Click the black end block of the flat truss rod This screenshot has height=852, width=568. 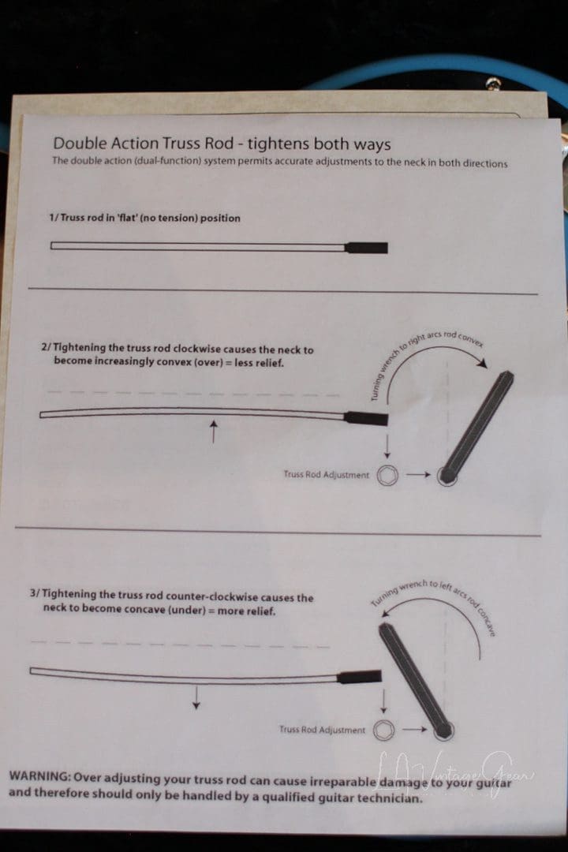click(x=366, y=248)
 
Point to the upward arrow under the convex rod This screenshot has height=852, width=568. click(x=214, y=431)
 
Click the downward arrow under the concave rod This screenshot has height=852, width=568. click(x=196, y=697)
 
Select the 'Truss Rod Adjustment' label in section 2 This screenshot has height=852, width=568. click(x=326, y=474)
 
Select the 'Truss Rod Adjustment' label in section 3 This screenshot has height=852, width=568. click(x=323, y=729)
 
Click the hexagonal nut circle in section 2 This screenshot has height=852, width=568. click(x=387, y=475)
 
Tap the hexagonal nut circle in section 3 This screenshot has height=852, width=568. click(x=383, y=730)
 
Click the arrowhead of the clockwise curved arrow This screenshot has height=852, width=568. click(x=482, y=362)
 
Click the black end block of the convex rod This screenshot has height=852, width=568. click(x=366, y=418)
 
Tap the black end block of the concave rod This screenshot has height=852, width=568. click(x=359, y=677)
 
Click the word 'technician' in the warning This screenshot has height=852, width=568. click(x=389, y=798)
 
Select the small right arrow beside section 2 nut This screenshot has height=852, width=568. click(x=418, y=475)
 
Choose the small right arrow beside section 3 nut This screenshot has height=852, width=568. click(x=415, y=729)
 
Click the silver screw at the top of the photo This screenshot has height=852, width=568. click(x=494, y=84)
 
